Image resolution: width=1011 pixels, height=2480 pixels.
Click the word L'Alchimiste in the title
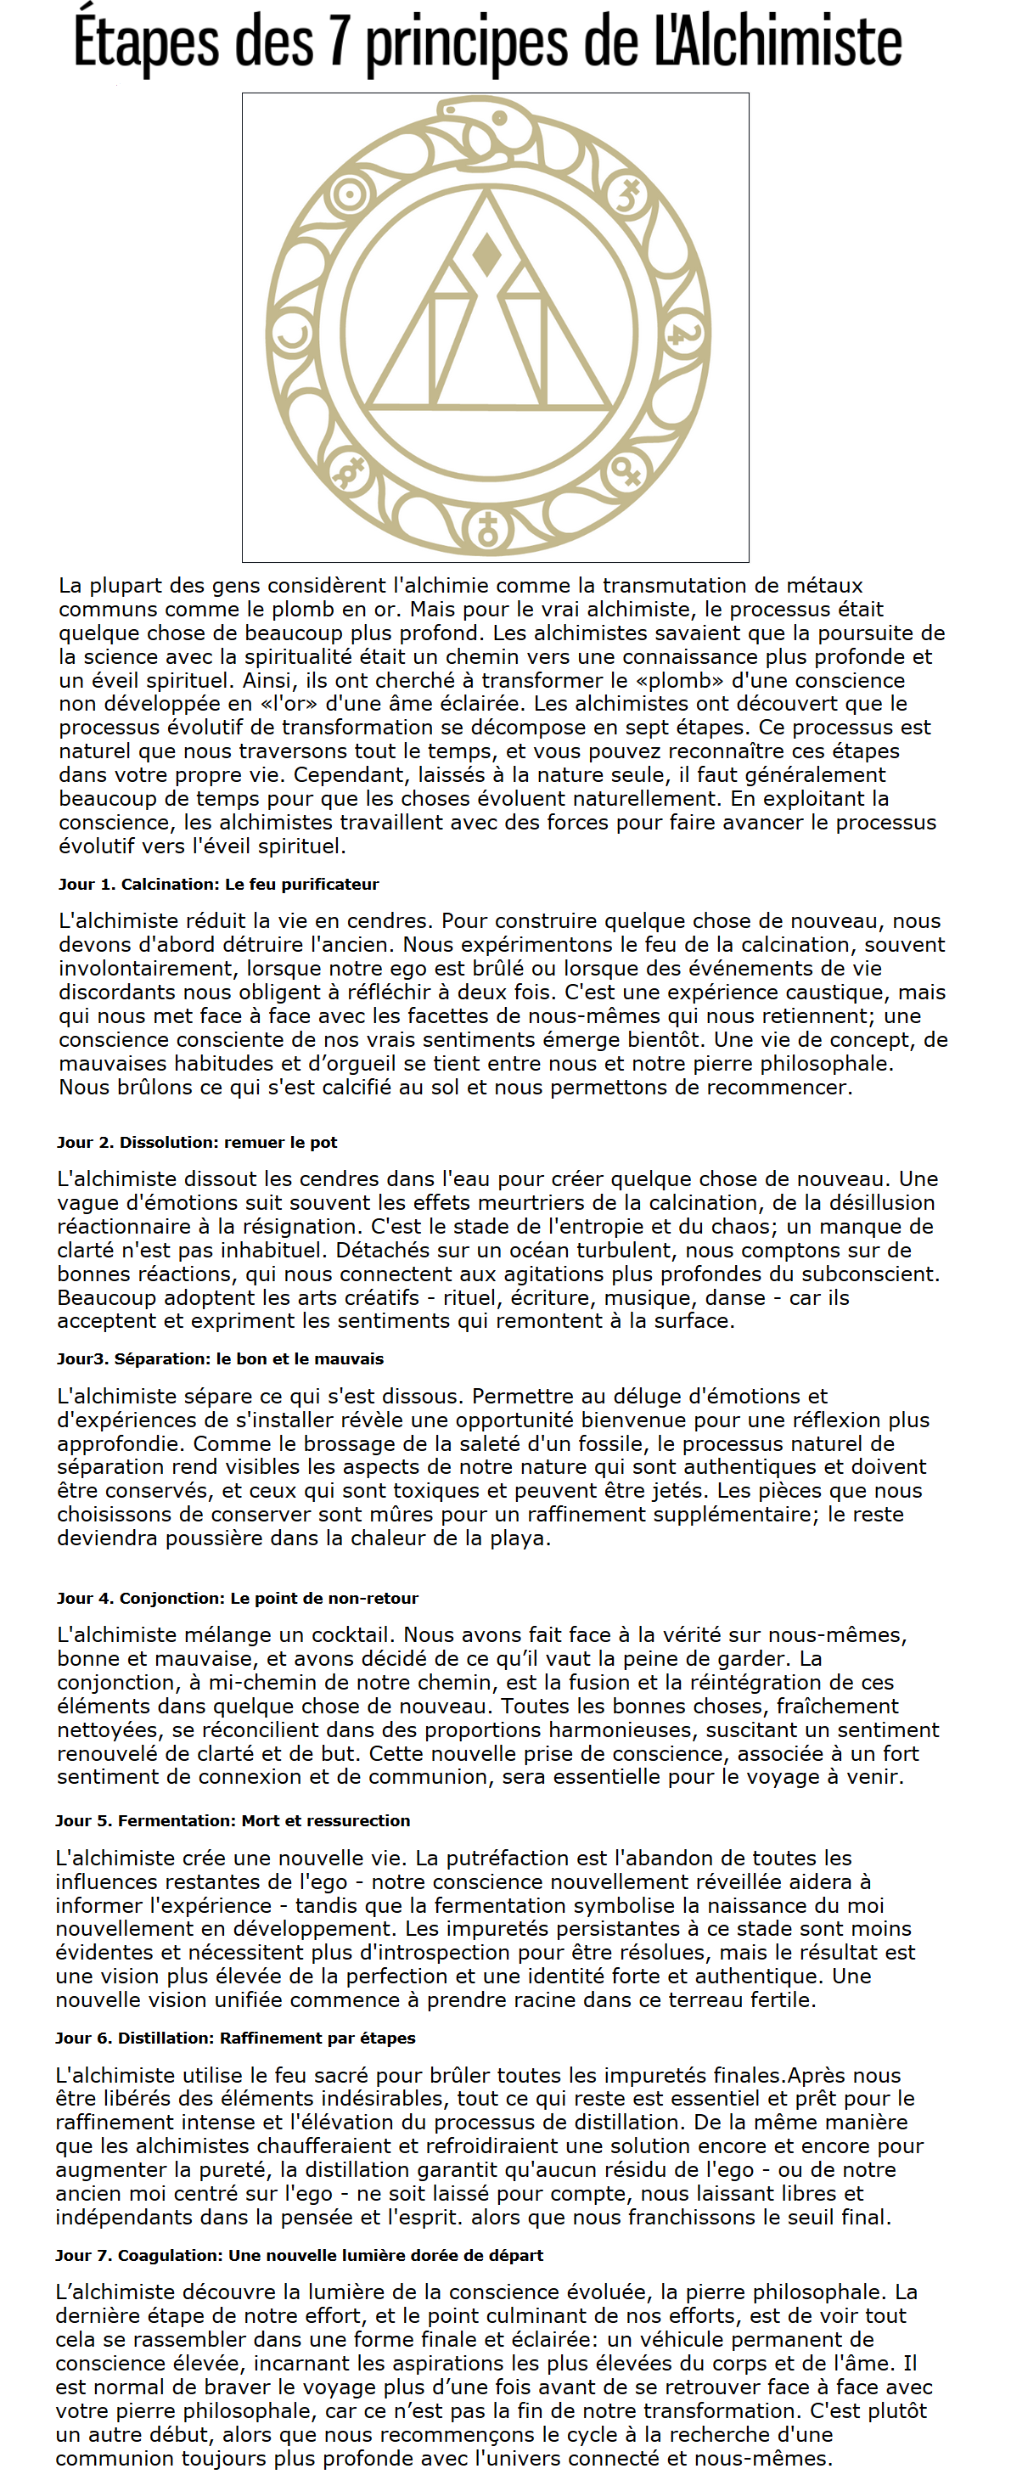[x=778, y=42]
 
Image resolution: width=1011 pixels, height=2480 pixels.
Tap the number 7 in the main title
[x=338, y=42]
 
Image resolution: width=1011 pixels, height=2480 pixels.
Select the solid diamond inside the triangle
[x=487, y=253]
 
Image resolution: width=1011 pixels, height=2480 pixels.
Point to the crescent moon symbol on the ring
[x=292, y=337]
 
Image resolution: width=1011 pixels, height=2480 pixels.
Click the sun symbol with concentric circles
[x=347, y=195]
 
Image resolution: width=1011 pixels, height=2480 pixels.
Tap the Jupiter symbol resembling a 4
[x=682, y=335]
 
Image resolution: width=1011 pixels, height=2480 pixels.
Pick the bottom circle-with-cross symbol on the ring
[x=488, y=529]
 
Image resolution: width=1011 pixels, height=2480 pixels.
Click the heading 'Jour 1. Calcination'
[x=218, y=884]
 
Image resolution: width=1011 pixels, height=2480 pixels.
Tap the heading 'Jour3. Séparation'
[x=220, y=1358]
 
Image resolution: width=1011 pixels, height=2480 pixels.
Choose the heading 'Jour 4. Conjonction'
[x=237, y=1598]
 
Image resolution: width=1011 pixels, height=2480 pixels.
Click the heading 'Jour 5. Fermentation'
[x=232, y=1820]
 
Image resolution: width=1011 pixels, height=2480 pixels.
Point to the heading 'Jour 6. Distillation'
[x=235, y=2039]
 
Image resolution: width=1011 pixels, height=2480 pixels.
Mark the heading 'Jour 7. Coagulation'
[x=299, y=2255]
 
